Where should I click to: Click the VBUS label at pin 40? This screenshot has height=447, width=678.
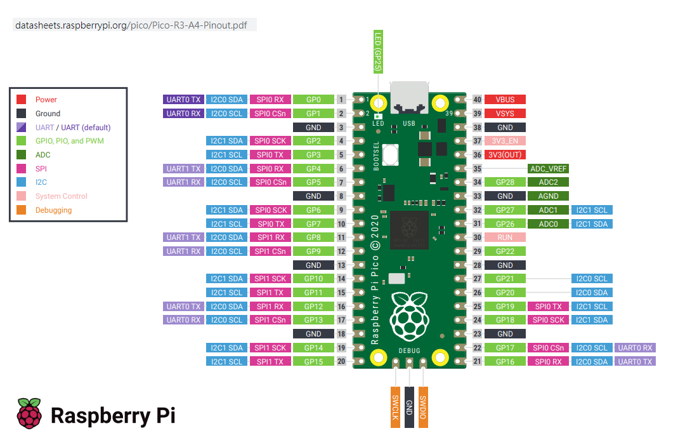[x=505, y=100]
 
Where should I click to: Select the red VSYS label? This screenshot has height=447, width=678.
[x=505, y=114]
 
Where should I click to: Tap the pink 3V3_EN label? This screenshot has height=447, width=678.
[x=505, y=141]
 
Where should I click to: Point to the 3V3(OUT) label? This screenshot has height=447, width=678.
[x=505, y=155]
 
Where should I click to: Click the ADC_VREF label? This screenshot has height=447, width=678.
[x=548, y=169]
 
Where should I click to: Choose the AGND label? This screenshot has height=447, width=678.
[x=548, y=196]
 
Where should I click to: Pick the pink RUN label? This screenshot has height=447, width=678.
[x=505, y=237]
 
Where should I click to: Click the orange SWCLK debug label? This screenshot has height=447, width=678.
[x=395, y=406]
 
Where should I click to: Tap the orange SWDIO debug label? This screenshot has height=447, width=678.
[x=423, y=406]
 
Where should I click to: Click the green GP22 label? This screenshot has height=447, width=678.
[x=505, y=251]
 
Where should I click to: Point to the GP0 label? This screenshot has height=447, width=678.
[x=313, y=100]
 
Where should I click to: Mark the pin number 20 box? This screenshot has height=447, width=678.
[x=341, y=361]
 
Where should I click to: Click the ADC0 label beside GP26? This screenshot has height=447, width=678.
[x=548, y=224]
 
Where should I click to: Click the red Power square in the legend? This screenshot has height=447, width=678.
[x=21, y=100]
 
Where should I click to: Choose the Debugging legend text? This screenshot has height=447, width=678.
[x=53, y=210]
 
